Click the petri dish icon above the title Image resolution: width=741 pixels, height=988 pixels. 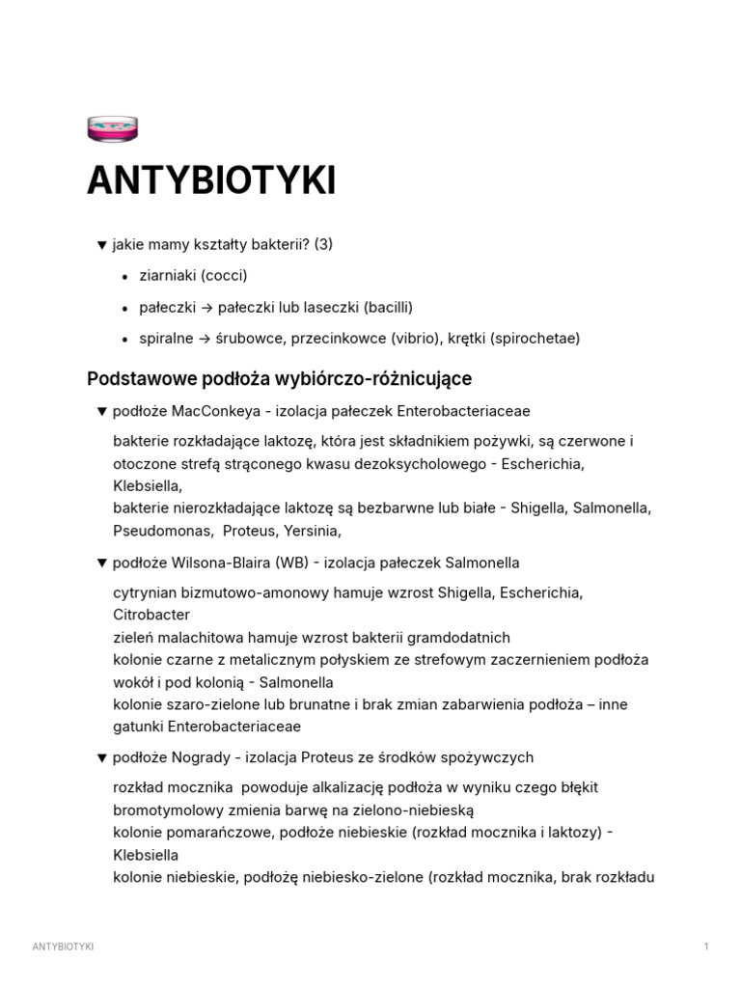pyautogui.click(x=112, y=128)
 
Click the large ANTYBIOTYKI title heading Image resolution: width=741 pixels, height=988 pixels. pyautogui.click(x=211, y=180)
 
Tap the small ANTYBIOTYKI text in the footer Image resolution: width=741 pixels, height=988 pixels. pyautogui.click(x=63, y=947)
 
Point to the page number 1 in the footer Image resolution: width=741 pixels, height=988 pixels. pyautogui.click(x=706, y=947)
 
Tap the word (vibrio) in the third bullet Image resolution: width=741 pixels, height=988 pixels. pyautogui.click(x=419, y=338)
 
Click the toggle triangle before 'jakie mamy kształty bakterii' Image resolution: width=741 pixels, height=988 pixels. pyautogui.click(x=101, y=245)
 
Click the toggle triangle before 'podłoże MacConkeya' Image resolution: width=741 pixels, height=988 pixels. pyautogui.click(x=101, y=411)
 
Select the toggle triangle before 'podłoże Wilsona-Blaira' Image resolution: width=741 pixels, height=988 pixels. pyautogui.click(x=101, y=563)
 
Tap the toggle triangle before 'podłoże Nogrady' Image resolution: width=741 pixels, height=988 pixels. pyautogui.click(x=101, y=757)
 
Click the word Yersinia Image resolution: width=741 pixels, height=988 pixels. pyautogui.click(x=313, y=530)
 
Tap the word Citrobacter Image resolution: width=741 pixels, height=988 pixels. pyautogui.click(x=151, y=615)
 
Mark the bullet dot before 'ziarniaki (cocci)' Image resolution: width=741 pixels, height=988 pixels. pyautogui.click(x=126, y=277)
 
